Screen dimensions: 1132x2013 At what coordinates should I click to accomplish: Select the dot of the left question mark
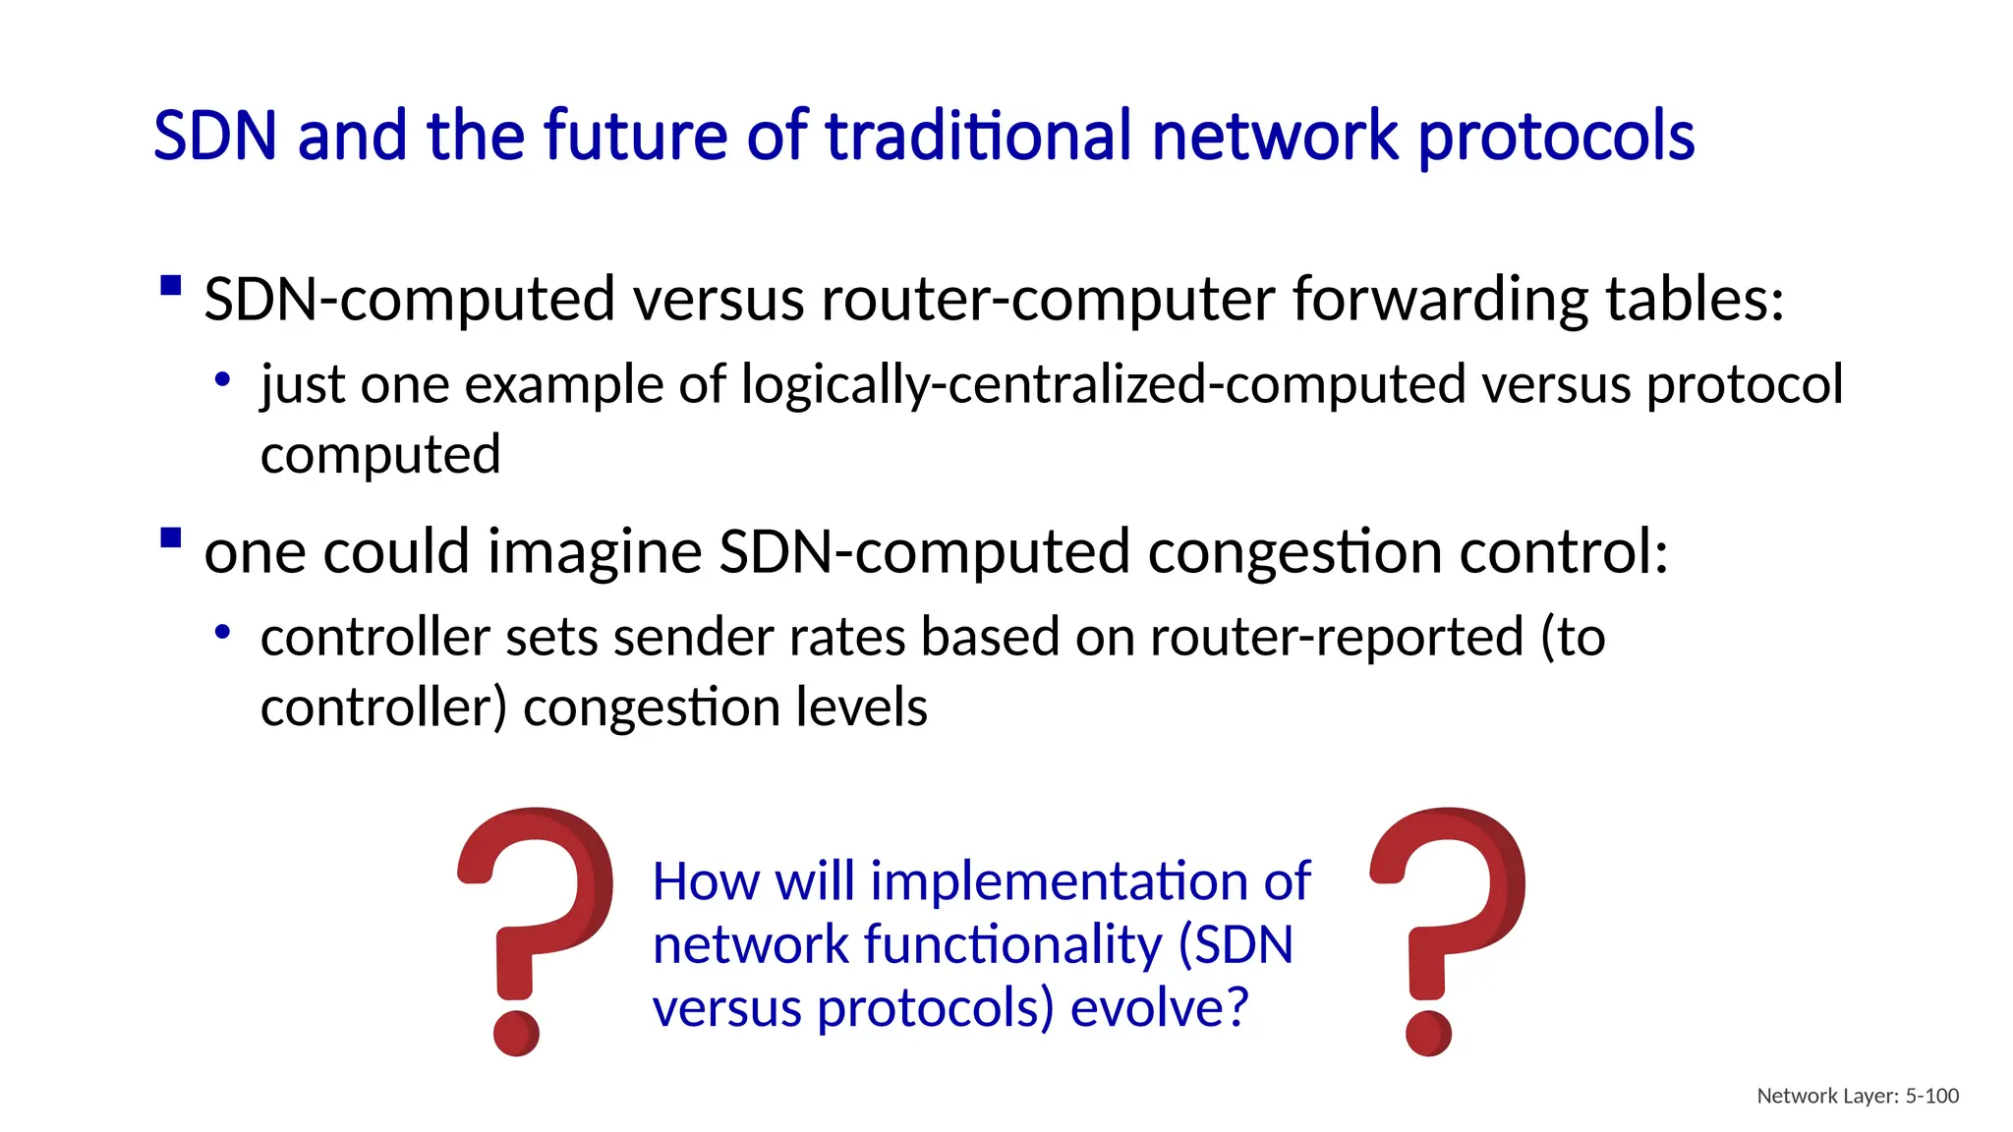[x=516, y=1033]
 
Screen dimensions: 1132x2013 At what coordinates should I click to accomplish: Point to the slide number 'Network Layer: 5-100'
[x=1857, y=1096]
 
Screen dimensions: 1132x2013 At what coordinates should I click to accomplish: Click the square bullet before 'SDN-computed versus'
[x=171, y=286]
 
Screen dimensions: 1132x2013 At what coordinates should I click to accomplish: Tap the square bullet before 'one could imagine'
[x=171, y=538]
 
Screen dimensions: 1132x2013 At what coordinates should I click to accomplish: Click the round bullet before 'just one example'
[x=223, y=379]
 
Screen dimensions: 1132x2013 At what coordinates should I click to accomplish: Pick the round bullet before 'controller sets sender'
[x=223, y=632]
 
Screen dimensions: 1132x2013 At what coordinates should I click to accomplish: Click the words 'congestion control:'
[x=1408, y=552]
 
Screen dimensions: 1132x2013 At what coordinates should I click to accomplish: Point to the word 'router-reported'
[x=1336, y=637]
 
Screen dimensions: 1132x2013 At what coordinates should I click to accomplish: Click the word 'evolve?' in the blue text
[x=1159, y=1008]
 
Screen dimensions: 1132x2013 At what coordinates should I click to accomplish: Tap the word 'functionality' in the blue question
[x=1012, y=945]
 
